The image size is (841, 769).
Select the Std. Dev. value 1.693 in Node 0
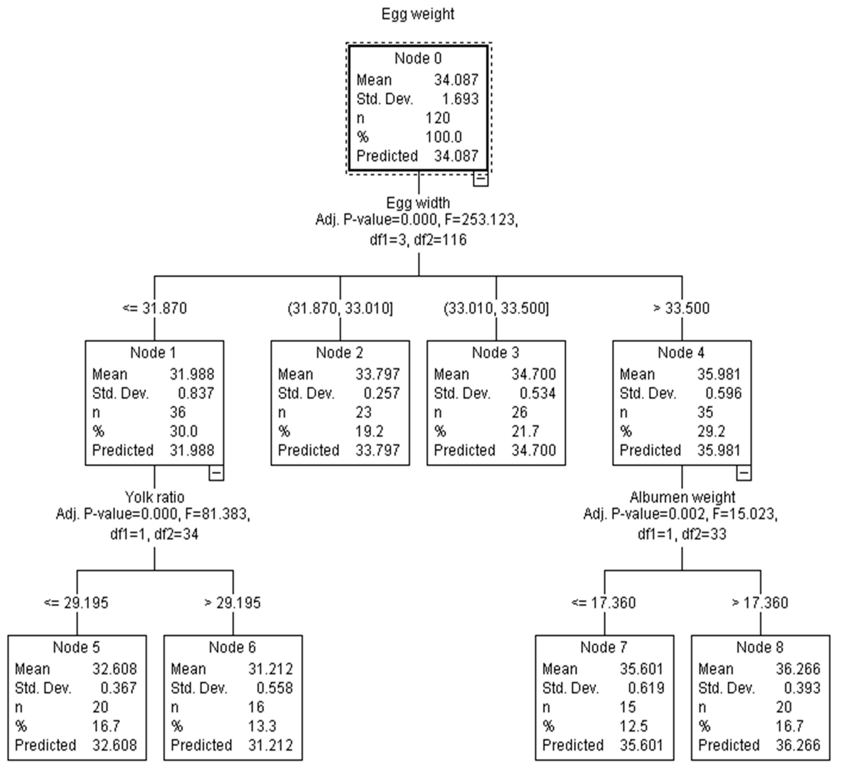tap(460, 99)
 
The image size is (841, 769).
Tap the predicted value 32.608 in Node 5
tap(114, 745)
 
